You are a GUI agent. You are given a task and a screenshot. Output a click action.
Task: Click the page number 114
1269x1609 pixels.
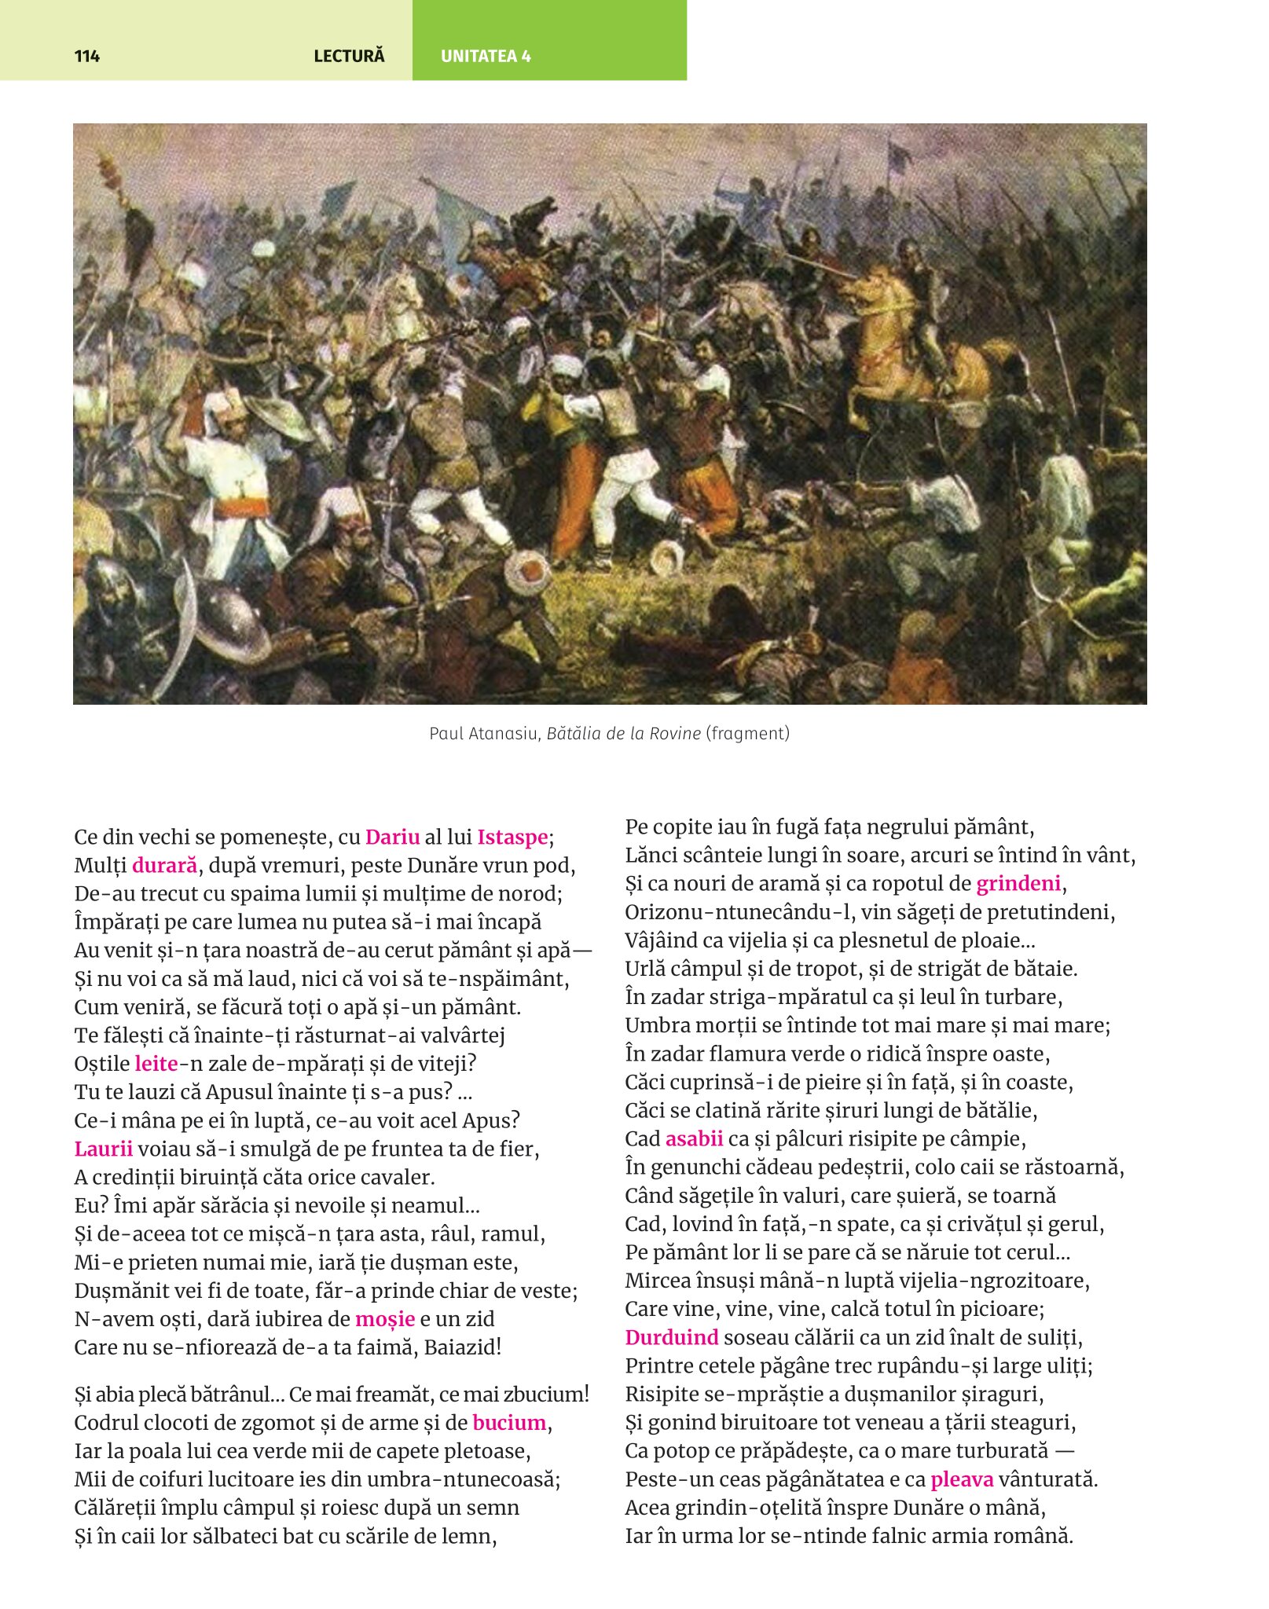pos(87,56)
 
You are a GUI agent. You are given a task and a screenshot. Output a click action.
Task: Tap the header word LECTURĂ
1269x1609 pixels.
pos(349,56)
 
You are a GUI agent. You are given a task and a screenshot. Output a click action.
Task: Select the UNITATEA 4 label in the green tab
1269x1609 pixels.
pos(486,56)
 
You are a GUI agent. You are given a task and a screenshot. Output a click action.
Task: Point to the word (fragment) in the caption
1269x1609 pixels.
pos(747,733)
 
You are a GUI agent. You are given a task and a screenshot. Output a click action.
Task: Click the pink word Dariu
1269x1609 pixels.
pos(392,837)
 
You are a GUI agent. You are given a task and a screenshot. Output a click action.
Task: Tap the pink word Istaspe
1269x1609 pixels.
pos(512,837)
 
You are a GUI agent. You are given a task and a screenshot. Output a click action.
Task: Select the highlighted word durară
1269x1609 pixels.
pos(164,865)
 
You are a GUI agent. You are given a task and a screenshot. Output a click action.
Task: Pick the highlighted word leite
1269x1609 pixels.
pos(156,1063)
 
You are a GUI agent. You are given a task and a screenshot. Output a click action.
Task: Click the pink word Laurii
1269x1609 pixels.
pos(103,1149)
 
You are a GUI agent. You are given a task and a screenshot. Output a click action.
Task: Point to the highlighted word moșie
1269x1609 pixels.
pos(384,1318)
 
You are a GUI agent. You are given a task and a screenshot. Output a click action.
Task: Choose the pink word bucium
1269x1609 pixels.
pos(509,1422)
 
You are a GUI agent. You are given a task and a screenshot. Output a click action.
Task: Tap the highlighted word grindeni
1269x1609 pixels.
pos(1018,883)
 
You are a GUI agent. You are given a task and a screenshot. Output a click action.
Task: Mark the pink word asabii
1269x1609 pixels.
pos(694,1138)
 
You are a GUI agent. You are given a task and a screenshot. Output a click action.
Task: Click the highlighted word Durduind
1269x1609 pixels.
pos(672,1336)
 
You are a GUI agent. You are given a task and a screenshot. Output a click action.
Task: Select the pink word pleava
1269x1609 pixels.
pos(962,1479)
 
